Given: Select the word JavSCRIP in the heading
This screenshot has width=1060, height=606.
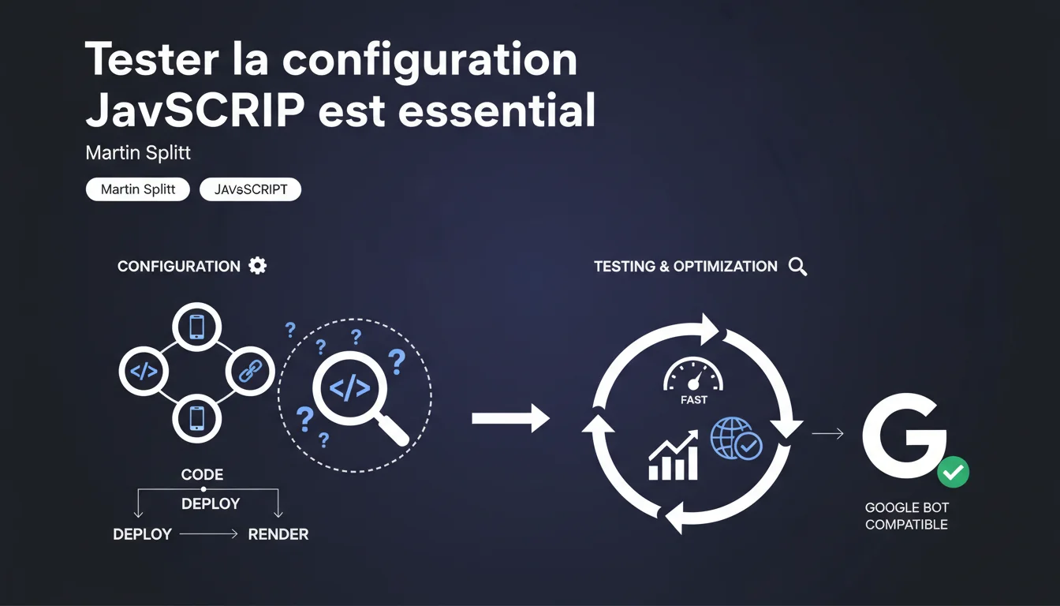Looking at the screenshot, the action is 195,110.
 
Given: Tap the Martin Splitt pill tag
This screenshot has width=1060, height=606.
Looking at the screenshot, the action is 138,189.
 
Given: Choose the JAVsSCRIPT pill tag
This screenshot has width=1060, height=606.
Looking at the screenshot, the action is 250,189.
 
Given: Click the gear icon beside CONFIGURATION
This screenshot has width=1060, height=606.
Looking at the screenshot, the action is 257,266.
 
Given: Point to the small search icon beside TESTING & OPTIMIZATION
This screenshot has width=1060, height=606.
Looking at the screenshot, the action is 798,267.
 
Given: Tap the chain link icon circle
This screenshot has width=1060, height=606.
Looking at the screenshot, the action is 250,371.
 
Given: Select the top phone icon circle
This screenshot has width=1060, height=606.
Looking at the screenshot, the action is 197,327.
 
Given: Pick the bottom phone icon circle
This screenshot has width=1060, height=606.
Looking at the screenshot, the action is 197,418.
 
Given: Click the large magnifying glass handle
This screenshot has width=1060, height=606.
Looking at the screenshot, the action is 391,429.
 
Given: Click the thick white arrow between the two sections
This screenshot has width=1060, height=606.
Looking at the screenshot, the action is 510,418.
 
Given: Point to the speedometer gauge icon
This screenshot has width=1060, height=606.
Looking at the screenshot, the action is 693,375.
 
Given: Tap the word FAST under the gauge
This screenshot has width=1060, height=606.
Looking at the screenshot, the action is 694,400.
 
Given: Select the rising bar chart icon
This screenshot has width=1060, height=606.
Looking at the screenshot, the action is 673,455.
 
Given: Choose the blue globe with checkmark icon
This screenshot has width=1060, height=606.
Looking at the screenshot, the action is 736,438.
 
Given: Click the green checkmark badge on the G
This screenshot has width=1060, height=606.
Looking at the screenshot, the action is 953,472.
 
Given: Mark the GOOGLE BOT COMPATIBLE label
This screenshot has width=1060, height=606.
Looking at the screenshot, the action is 907,516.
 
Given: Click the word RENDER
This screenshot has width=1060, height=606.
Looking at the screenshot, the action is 278,534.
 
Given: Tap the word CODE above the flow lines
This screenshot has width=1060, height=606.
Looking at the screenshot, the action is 202,474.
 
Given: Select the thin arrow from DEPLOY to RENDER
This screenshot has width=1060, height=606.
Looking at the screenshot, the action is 209,534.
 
